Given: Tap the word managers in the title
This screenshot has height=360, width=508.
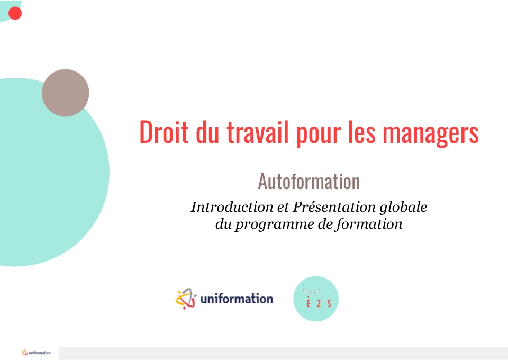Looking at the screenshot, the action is (x=431, y=134).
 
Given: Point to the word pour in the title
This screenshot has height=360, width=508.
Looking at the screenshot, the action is (x=319, y=134).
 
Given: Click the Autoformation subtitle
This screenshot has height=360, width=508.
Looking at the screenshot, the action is (x=309, y=181).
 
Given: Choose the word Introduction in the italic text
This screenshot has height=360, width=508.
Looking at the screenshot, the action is (x=232, y=207).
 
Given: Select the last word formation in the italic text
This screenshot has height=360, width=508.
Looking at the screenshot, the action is (x=369, y=224).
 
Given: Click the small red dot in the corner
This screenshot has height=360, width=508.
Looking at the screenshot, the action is (x=15, y=13).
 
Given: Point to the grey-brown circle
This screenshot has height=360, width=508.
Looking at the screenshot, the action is (x=66, y=93).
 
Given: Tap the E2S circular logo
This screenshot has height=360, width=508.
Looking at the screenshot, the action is (x=316, y=299).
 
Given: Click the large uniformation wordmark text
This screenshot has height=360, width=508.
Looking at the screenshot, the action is (x=237, y=299).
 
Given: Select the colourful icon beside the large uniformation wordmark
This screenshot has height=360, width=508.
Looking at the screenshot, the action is (x=186, y=299).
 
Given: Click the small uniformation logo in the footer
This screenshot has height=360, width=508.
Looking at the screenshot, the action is (x=36, y=353).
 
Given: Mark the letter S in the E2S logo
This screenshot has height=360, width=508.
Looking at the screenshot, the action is (x=329, y=304).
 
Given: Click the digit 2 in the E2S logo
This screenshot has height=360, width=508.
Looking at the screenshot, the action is (x=319, y=304).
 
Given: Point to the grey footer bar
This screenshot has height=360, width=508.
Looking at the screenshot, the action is (x=284, y=353).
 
